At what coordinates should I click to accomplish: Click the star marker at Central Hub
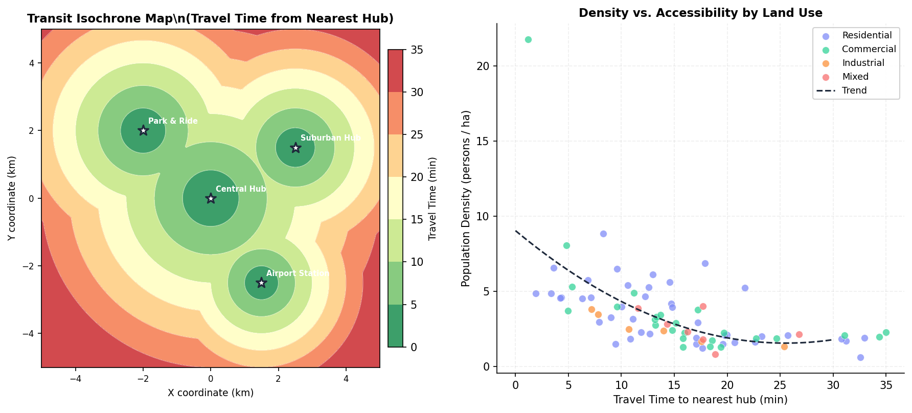coord(211,198)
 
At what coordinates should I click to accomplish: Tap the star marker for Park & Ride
coord(143,130)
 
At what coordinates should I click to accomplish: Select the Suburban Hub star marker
coord(295,148)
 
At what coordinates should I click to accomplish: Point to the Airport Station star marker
coord(261,283)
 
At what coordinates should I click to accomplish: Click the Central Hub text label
coord(241,189)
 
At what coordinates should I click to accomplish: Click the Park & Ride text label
coord(173,121)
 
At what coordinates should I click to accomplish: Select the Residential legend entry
coord(867,36)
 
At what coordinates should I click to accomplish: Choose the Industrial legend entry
coord(863,63)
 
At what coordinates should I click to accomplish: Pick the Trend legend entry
coord(854,90)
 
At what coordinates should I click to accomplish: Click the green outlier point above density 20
coord(528,40)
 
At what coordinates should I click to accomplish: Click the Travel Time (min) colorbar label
coord(432,199)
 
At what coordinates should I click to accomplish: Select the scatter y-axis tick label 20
coord(483,66)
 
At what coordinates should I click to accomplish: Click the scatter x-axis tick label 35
coord(886,385)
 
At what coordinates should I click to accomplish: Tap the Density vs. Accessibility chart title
coord(700,13)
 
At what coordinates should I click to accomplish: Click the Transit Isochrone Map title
coord(210,19)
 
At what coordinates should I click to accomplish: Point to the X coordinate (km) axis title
coord(211,393)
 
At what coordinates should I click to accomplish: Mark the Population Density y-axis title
coord(465,198)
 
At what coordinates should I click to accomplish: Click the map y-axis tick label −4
coord(30,334)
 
